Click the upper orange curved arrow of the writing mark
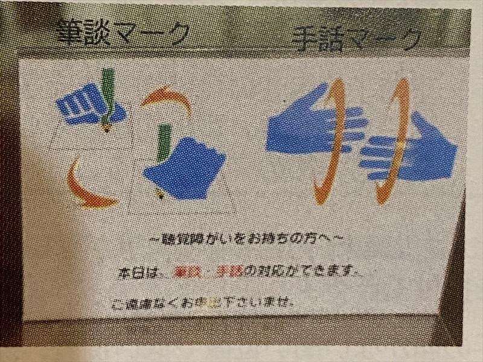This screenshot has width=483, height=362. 168,99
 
